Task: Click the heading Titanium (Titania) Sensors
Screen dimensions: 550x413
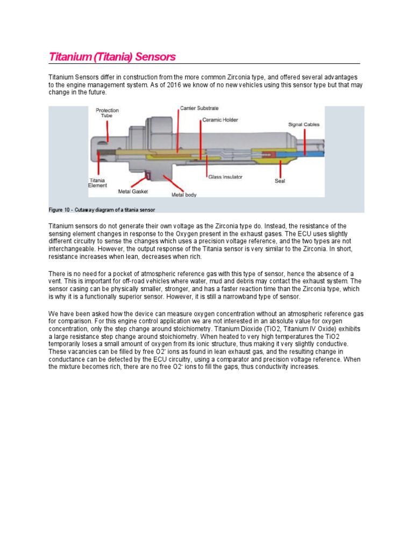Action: pyautogui.click(x=112, y=57)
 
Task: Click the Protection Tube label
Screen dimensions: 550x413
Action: pyautogui.click(x=108, y=113)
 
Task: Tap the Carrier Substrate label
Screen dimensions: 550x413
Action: pyautogui.click(x=198, y=108)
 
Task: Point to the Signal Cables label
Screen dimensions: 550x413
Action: pyautogui.click(x=304, y=124)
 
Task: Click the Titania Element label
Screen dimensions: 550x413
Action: pyautogui.click(x=97, y=183)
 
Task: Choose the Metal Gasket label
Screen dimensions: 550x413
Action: pyautogui.click(x=133, y=191)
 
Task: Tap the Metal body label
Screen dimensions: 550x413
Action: pyautogui.click(x=184, y=194)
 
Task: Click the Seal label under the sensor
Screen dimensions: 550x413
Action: pyautogui.click(x=280, y=181)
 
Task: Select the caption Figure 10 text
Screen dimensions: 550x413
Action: pyautogui.click(x=102, y=209)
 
